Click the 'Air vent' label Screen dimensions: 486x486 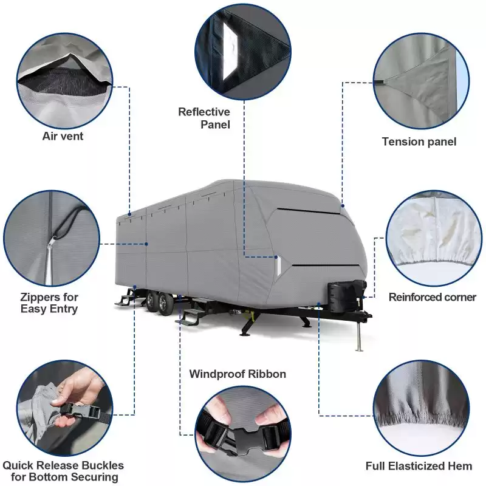pyautogui.click(x=63, y=136)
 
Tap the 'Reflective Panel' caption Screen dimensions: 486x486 pyautogui.click(x=204, y=118)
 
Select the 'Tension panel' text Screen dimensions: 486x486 pyautogui.click(x=419, y=142)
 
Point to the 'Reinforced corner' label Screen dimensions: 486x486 pyautogui.click(x=433, y=297)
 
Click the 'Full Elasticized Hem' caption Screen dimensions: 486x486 pyautogui.click(x=419, y=466)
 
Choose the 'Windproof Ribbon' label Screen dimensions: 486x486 pyautogui.click(x=238, y=374)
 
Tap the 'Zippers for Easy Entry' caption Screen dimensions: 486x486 pyautogui.click(x=49, y=303)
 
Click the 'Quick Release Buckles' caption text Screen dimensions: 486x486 pyautogui.click(x=63, y=465)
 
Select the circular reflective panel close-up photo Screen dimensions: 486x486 pyautogui.click(x=244, y=52)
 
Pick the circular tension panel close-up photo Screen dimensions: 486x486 pyautogui.click(x=421, y=81)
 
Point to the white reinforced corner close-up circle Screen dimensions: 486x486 pyautogui.click(x=434, y=239)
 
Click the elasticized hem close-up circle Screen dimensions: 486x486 pyautogui.click(x=421, y=408)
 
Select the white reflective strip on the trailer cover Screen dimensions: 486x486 pyautogui.click(x=279, y=265)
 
